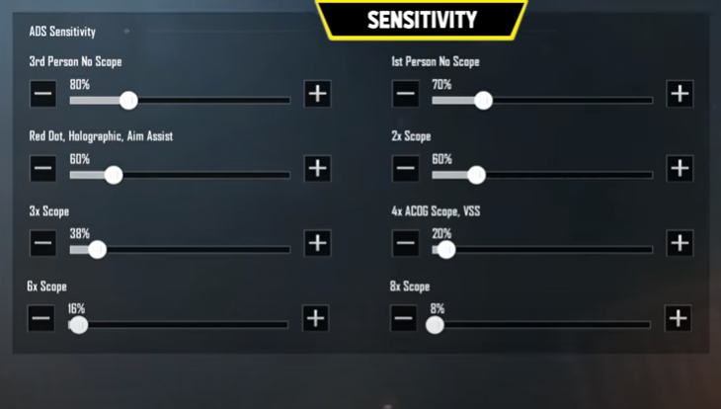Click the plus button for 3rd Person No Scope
317,94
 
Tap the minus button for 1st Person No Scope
405,94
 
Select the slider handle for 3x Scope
98,250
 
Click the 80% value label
80,85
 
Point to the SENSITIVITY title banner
422,20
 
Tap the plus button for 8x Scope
678,318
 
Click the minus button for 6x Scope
40,318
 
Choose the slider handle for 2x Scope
477,175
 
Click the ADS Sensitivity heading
62,32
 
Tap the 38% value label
80,234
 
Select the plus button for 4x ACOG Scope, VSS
680,243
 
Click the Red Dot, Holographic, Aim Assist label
101,136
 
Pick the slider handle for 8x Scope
435,325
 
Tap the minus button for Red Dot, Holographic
42,168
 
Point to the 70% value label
441,85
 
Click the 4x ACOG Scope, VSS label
436,211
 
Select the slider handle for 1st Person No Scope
483,101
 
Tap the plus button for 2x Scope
680,168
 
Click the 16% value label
76,308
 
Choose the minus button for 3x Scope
42,243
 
